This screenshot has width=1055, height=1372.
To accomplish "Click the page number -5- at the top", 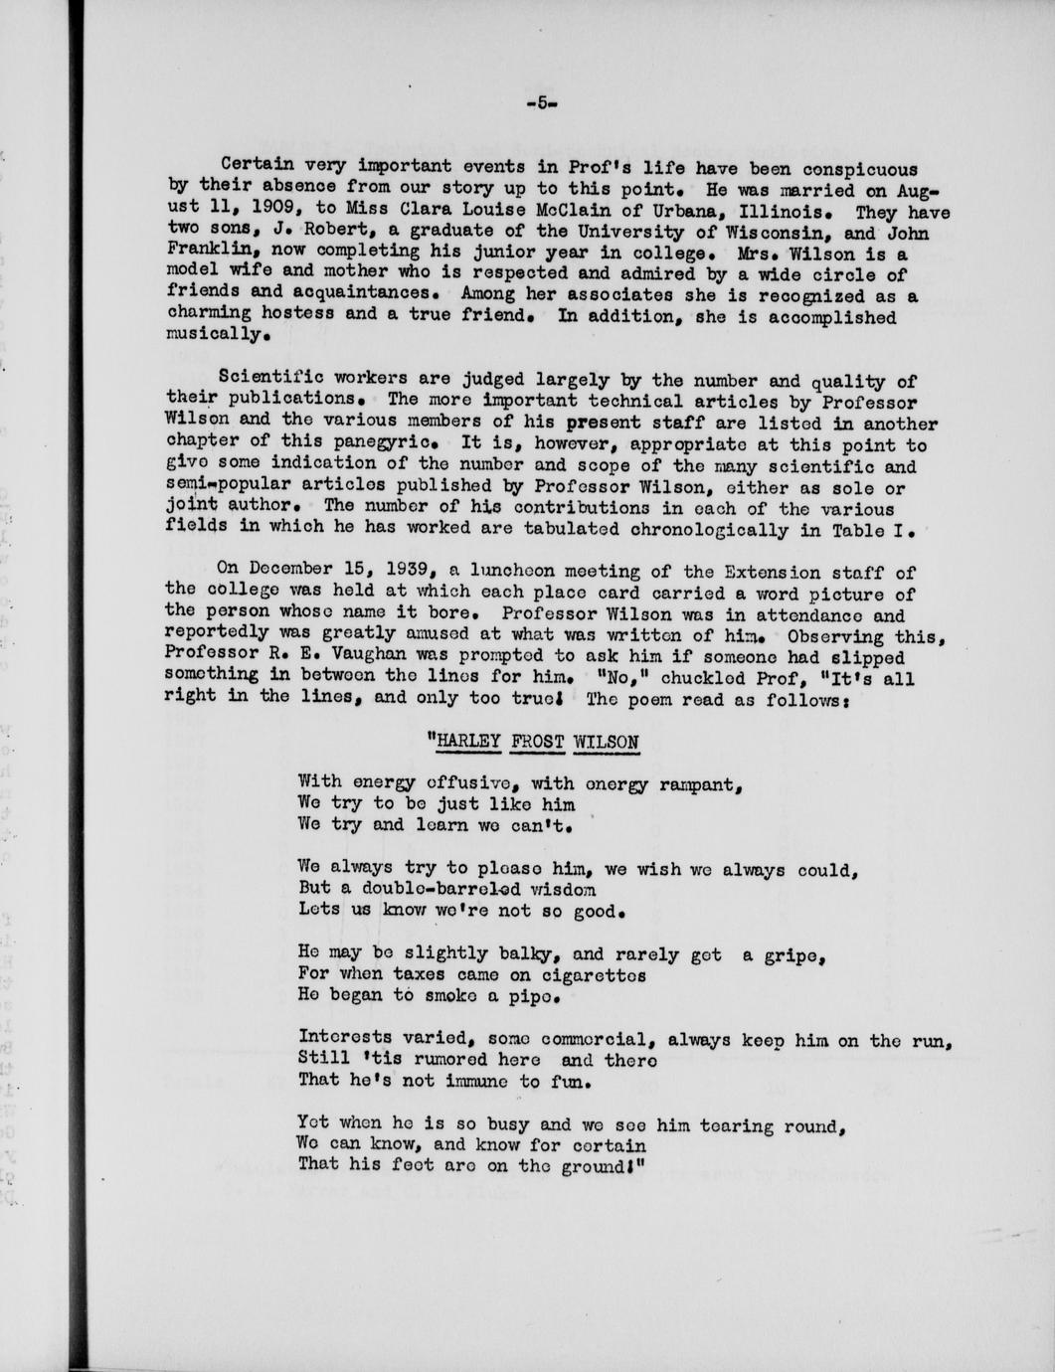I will click(542, 100).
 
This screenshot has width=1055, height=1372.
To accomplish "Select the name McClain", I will click(555, 212).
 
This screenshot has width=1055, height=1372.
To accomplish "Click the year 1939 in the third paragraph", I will click(403, 571).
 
